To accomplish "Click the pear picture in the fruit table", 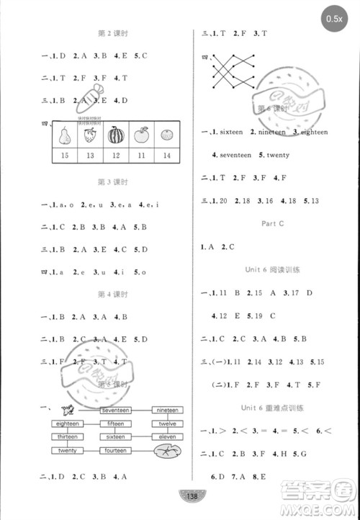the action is coord(66,135).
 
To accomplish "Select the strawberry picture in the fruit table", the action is coord(91,135).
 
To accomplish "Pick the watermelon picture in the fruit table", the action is coord(116,135).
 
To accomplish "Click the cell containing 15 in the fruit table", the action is coord(66,156).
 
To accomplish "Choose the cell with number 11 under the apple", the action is coord(141,156).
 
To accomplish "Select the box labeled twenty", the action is coord(67,450).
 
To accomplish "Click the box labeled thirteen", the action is coord(67,436).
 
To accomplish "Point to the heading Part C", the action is coord(271,224).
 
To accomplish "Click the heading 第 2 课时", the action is coord(107,33).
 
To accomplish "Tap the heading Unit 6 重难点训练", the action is coord(271,408).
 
